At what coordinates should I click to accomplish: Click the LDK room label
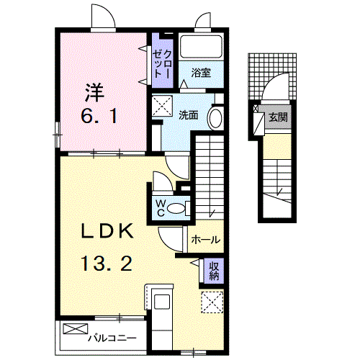(x=107, y=232)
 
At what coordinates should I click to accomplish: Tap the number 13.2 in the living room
(x=107, y=264)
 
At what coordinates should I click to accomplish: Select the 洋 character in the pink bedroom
(x=94, y=93)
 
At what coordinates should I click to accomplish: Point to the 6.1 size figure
(x=94, y=116)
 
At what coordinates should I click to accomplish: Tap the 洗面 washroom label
(x=189, y=114)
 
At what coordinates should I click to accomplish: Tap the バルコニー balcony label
(x=109, y=336)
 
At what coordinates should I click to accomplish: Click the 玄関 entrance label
(x=276, y=117)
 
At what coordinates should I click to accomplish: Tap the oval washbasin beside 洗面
(x=215, y=117)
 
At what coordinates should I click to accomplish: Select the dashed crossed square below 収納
(x=212, y=302)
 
